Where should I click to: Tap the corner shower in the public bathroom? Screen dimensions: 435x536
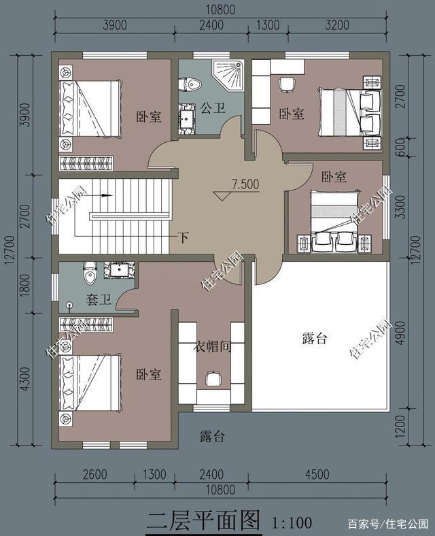228,76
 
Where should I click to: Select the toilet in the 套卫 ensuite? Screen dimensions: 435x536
90,273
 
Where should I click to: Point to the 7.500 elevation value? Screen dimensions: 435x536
245,184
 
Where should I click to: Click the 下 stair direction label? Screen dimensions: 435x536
184,237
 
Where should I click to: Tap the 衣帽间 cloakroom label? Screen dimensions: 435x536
212,347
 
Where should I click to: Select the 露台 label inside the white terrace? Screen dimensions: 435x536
315,338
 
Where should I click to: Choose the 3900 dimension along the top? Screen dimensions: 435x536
115,25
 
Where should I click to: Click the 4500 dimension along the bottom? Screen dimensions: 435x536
317,475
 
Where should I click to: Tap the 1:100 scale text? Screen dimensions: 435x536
292,522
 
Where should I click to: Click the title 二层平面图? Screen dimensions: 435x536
204,521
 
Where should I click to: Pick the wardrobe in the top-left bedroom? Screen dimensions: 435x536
86,163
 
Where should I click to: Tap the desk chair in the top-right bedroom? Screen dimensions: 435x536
287,84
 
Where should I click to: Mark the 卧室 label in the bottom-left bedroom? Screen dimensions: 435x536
149,375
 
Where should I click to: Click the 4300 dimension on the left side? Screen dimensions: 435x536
25,379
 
